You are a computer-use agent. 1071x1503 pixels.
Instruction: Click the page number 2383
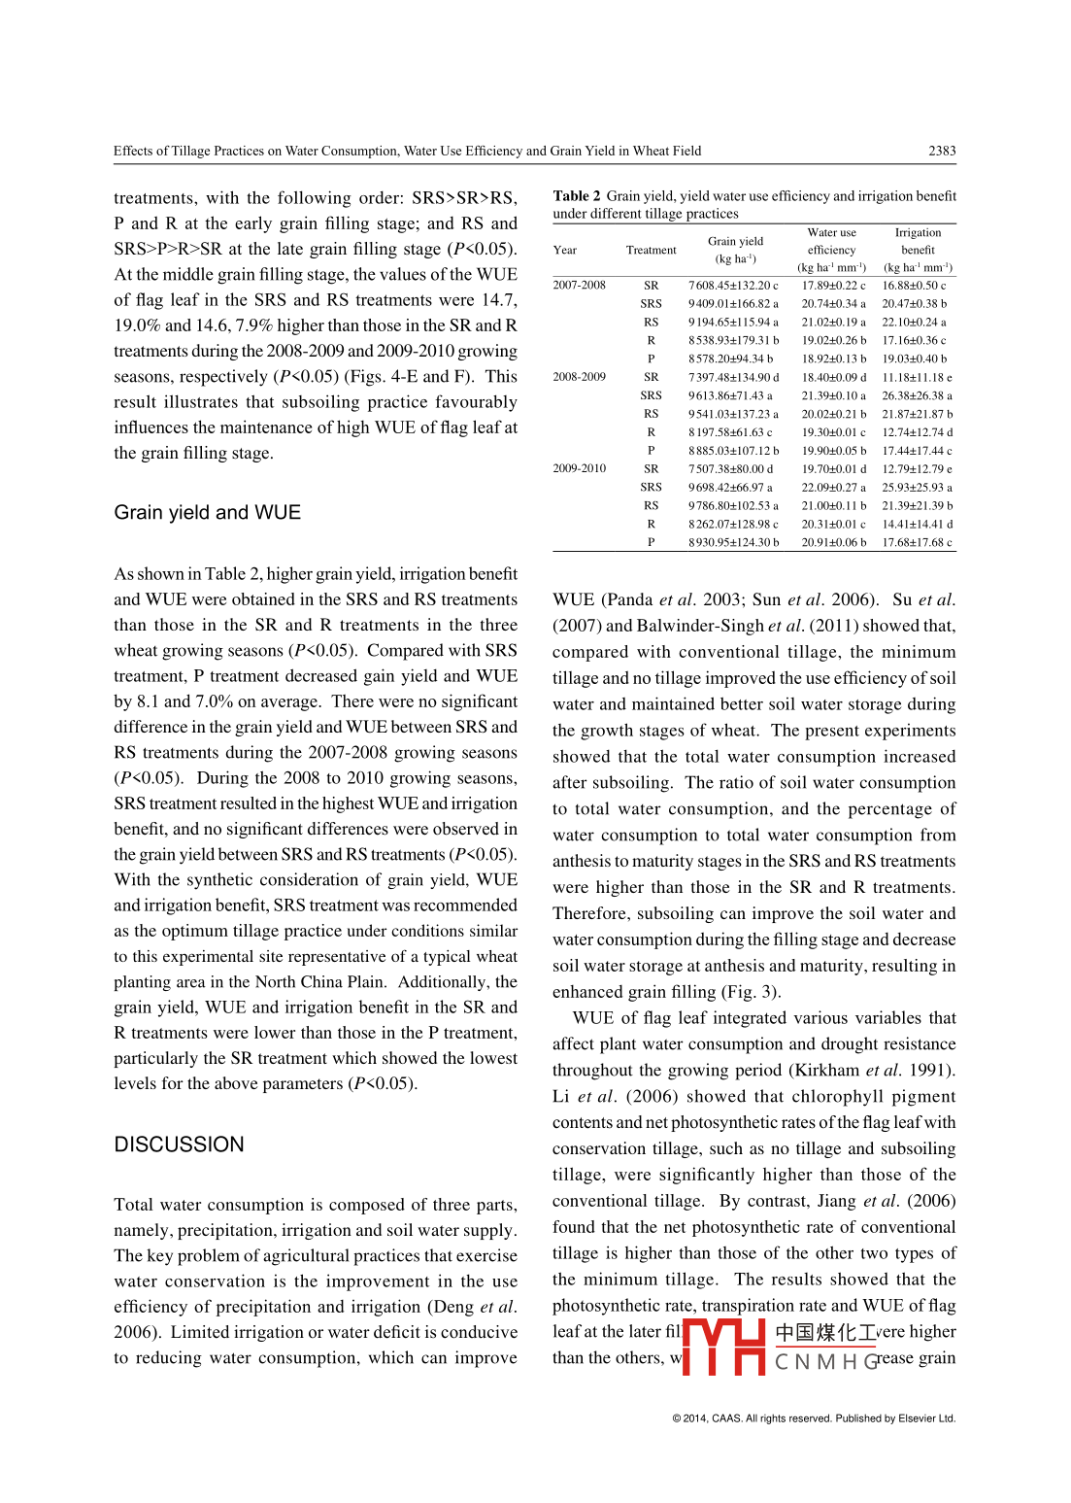[x=941, y=151]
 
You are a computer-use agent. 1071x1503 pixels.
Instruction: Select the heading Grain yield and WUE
[x=207, y=512]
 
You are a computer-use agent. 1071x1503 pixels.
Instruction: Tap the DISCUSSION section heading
[x=179, y=1144]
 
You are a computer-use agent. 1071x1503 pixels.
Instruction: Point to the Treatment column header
[x=651, y=250]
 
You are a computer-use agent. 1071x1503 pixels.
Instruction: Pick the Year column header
[x=564, y=250]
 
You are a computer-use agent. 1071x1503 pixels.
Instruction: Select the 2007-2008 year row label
[x=579, y=286]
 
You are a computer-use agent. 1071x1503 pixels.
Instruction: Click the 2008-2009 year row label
[x=579, y=377]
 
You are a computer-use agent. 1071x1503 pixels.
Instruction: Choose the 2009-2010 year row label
[x=579, y=468]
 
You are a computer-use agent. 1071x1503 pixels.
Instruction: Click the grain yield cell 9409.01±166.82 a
[x=733, y=304]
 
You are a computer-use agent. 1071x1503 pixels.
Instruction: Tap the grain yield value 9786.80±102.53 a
[x=733, y=505]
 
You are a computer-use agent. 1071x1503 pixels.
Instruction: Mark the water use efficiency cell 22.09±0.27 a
[x=833, y=487]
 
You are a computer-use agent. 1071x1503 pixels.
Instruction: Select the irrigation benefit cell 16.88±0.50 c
[x=914, y=286]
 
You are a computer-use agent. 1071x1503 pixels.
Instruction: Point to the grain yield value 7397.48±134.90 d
[x=733, y=377]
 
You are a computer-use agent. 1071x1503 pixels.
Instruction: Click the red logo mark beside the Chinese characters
[x=723, y=1347]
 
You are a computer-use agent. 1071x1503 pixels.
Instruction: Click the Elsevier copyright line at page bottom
[x=814, y=1418]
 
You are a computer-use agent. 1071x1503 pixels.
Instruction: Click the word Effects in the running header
[x=133, y=151]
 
